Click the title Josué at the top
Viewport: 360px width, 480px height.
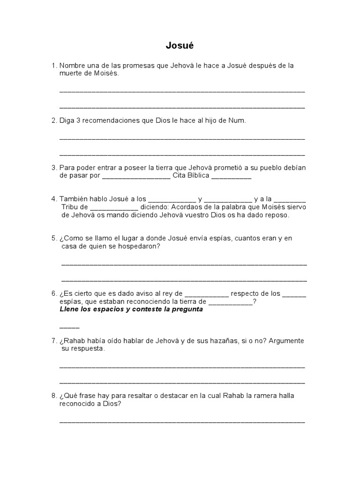pyautogui.click(x=180, y=45)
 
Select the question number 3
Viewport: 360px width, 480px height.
pyautogui.click(x=54, y=167)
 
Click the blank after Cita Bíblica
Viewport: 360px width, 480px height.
pyautogui.click(x=232, y=177)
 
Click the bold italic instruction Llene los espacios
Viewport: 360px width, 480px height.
pyautogui.click(x=89, y=309)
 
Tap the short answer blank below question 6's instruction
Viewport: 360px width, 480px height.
pyautogui.click(x=69, y=326)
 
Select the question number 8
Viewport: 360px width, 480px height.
pyautogui.click(x=54, y=396)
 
